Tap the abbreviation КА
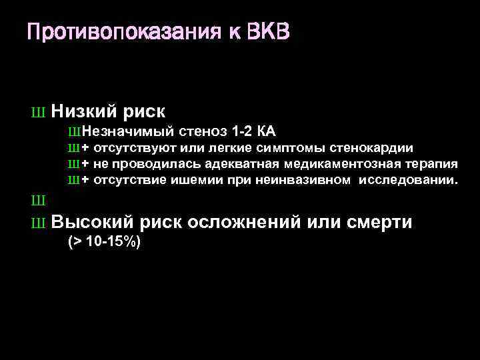coord(267,131)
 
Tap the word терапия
coord(434,164)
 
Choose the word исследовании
coord(408,180)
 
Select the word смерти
coord(379,223)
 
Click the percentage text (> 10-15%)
coord(105,243)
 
